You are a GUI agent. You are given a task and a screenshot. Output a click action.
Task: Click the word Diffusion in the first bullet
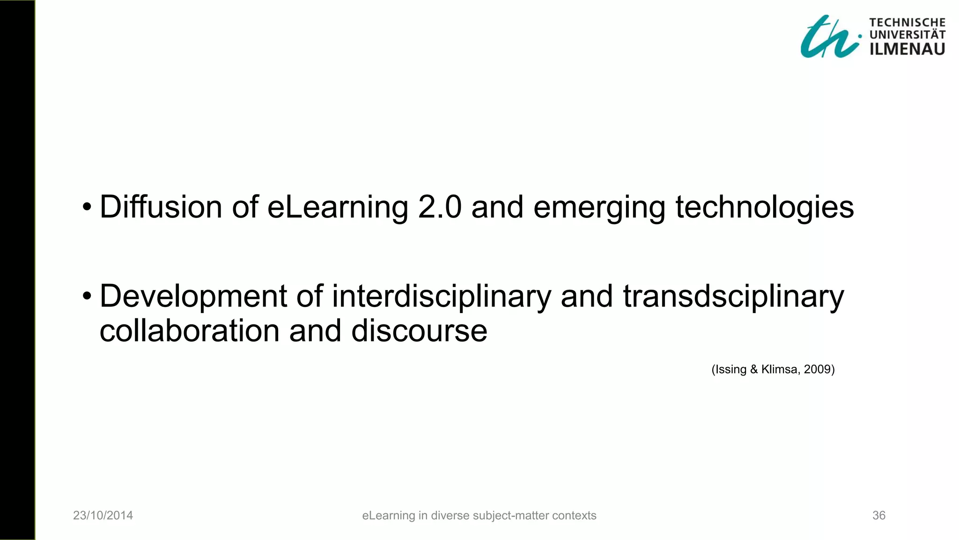pyautogui.click(x=161, y=207)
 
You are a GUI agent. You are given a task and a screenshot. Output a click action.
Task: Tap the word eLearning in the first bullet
pyautogui.click(x=338, y=208)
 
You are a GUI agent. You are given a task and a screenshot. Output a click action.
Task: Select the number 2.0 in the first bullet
pyautogui.click(x=440, y=207)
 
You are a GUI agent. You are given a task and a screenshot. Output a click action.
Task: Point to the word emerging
pyautogui.click(x=599, y=208)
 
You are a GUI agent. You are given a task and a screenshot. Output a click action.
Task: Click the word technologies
pyautogui.click(x=765, y=208)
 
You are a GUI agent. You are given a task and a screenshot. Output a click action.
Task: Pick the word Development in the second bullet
pyautogui.click(x=193, y=297)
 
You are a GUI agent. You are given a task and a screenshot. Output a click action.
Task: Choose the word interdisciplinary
pyautogui.click(x=442, y=297)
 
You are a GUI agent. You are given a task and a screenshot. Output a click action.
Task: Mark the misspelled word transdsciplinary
pyautogui.click(x=733, y=297)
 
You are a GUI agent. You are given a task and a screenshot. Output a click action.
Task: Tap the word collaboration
pyautogui.click(x=190, y=331)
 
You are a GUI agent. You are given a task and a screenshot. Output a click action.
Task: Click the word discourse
pyautogui.click(x=419, y=331)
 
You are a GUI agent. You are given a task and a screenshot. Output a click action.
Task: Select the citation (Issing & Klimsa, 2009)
pyautogui.click(x=773, y=369)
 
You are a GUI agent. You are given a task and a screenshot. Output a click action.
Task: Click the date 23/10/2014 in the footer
pyautogui.click(x=103, y=516)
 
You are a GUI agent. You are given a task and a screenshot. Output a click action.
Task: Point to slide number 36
pyautogui.click(x=879, y=516)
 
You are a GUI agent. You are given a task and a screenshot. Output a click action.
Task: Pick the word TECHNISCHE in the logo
pyautogui.click(x=907, y=22)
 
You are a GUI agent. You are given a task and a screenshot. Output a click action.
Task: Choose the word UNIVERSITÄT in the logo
pyautogui.click(x=907, y=35)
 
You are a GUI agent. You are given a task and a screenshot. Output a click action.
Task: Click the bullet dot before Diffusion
pyautogui.click(x=87, y=207)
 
